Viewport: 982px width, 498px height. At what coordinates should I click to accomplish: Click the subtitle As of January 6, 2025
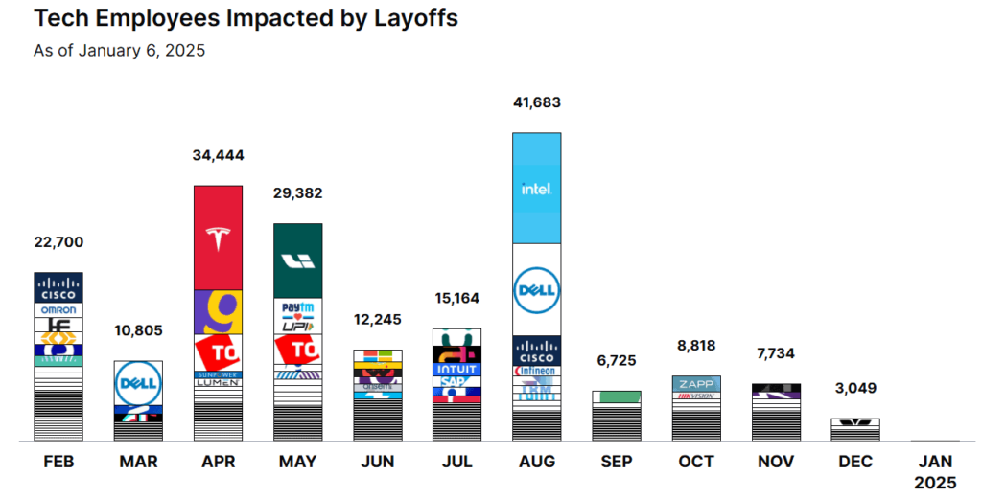tap(120, 51)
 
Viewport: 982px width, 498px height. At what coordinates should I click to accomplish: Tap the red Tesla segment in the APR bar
tap(218, 238)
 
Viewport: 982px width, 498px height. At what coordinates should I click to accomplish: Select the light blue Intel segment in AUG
tap(536, 189)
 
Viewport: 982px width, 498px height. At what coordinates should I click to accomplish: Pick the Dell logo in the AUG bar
tap(536, 289)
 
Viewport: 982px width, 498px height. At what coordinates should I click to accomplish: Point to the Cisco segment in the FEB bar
tap(58, 287)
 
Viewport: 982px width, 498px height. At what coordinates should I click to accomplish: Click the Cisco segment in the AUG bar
tap(536, 351)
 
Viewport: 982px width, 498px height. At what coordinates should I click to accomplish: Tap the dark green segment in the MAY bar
tap(297, 260)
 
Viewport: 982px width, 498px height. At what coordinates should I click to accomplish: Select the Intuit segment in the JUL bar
tap(456, 369)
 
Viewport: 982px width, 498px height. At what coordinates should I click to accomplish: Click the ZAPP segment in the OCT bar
tap(695, 382)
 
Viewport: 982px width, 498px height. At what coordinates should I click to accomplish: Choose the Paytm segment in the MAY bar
tap(297, 307)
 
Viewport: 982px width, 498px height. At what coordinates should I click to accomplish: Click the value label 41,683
tap(536, 102)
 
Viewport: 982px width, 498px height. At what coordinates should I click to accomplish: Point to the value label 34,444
tap(218, 154)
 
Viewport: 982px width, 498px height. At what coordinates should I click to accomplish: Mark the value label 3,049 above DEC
tap(854, 389)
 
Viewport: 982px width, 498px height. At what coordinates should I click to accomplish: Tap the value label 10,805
tap(138, 331)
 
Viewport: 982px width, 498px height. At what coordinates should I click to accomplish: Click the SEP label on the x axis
tap(616, 462)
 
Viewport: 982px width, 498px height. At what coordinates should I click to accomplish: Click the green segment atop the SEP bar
tap(616, 396)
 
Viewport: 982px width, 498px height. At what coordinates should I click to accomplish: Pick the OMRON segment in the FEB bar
tap(58, 309)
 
